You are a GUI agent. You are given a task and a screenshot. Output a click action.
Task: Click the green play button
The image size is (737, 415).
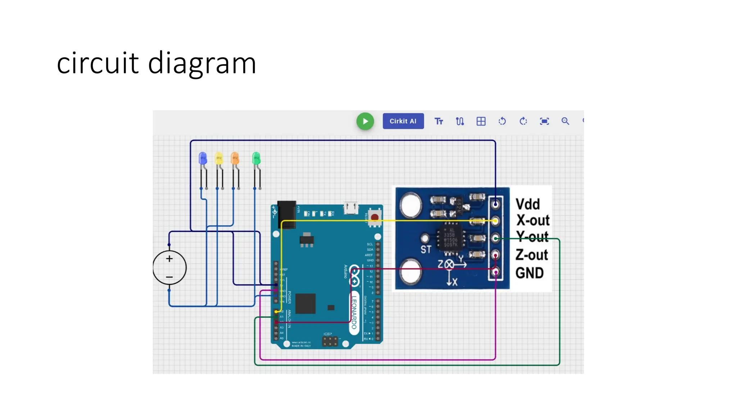pos(365,121)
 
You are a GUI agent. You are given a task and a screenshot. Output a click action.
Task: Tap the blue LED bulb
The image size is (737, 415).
pos(203,158)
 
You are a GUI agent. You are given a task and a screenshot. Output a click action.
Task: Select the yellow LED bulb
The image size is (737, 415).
pos(218,158)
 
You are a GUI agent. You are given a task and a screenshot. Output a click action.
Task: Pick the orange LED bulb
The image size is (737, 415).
pos(235,158)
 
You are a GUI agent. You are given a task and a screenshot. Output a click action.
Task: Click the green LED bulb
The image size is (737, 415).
pos(256,158)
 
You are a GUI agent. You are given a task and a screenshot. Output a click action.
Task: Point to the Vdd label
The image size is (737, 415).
pos(528,204)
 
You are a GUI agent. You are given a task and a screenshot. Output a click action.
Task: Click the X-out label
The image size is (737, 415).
pos(533,220)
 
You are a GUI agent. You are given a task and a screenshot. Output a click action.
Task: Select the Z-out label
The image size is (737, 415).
pos(532,255)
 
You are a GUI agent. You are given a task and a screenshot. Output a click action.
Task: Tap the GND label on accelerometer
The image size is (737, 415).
pos(529,273)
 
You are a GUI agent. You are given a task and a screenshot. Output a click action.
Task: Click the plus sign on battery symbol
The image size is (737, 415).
pos(169,259)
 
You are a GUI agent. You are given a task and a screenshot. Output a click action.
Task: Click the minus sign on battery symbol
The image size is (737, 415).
pos(169,277)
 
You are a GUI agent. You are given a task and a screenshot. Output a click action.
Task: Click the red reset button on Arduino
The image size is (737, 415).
pos(375,217)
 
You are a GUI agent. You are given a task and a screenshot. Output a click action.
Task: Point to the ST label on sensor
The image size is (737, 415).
pos(426,249)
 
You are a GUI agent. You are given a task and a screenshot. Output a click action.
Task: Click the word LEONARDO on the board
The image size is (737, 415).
pos(354,312)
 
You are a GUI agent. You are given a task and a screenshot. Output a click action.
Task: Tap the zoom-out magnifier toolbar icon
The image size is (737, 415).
pos(565,121)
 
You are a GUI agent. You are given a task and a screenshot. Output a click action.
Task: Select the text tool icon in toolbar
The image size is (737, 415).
pos(439,121)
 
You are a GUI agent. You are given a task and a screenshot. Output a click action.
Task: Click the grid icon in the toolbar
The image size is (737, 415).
pos(481,121)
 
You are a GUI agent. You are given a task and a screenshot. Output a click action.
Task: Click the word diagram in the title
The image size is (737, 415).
pos(202,63)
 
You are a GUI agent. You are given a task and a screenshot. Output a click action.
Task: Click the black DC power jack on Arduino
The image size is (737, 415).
pos(287,214)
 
